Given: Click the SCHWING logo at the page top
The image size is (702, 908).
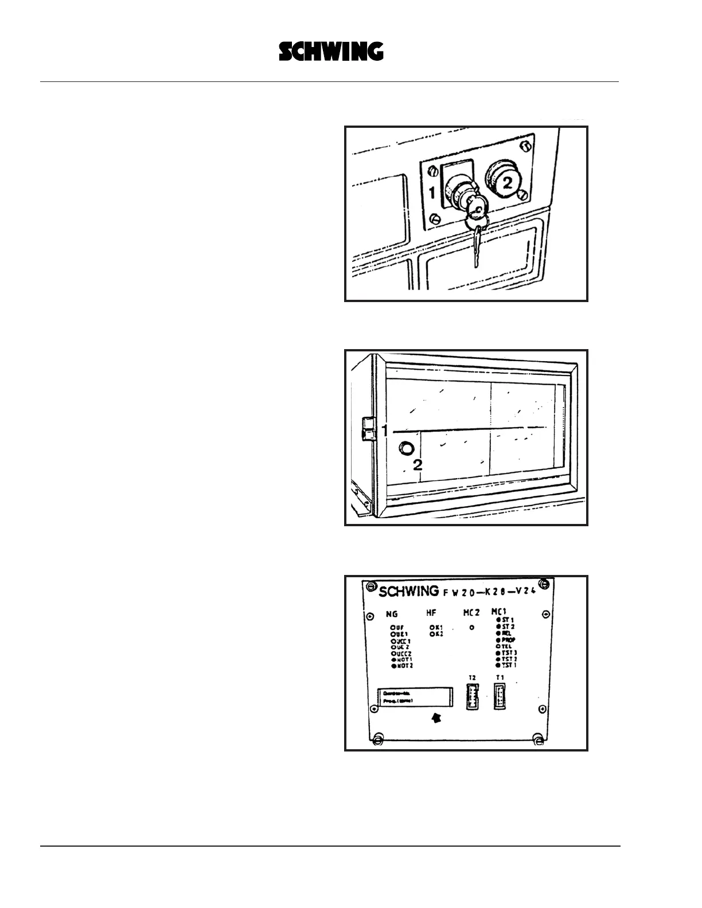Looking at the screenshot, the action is click(x=331, y=52).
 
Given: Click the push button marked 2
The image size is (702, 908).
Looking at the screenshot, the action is click(x=505, y=182).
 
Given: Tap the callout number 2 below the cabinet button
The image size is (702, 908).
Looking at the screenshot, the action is click(x=418, y=465).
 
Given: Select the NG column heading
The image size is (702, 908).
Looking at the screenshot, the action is click(x=392, y=614).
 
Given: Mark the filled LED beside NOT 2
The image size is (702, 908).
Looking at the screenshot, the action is click(x=393, y=666).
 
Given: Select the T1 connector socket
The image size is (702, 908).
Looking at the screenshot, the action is click(x=500, y=697).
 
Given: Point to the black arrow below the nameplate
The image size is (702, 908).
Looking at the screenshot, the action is click(x=436, y=718).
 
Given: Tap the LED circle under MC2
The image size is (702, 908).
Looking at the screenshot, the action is click(x=471, y=628).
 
